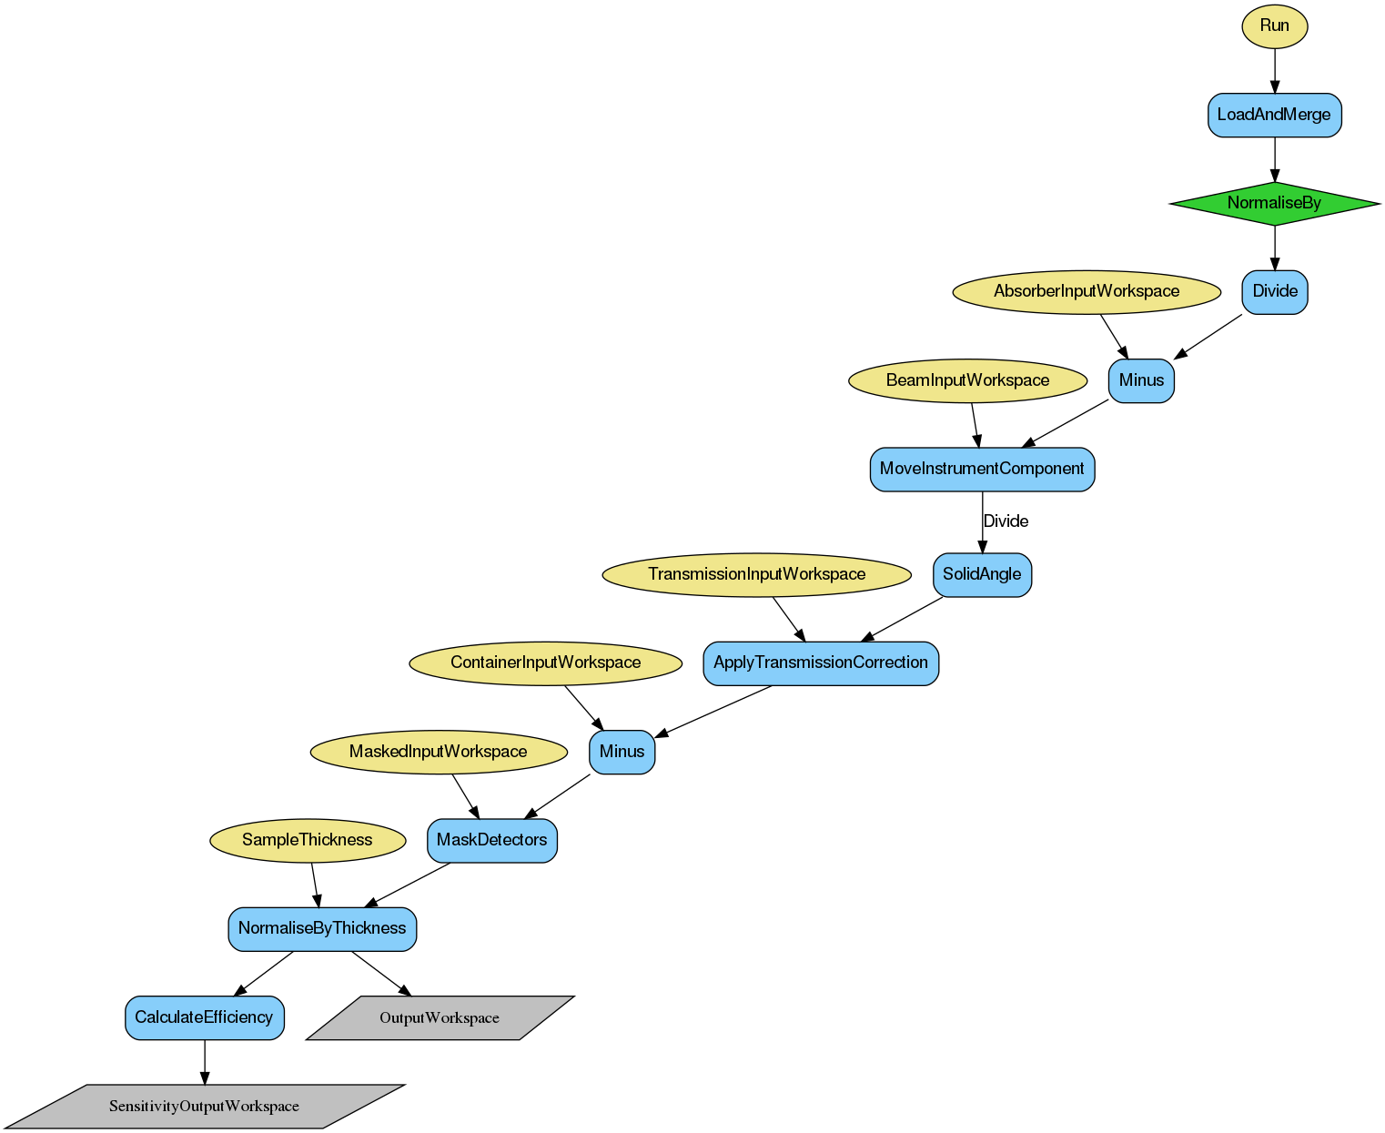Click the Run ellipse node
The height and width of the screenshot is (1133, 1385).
coord(1274,25)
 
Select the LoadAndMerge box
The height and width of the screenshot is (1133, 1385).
coord(1274,115)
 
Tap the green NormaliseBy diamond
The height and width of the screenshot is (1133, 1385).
coord(1274,203)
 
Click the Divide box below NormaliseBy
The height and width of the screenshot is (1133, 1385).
coord(1274,291)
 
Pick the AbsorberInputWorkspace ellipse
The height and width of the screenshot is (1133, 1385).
coord(1087,291)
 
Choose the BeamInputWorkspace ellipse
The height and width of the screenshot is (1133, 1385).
coord(967,380)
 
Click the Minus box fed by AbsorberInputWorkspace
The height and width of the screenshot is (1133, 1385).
coord(1141,380)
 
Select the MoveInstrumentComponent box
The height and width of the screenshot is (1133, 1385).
coord(982,469)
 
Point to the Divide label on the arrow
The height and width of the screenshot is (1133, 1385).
coord(1006,521)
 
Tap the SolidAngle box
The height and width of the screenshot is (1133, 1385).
coord(982,574)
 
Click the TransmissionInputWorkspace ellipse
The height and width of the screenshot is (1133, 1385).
coord(756,574)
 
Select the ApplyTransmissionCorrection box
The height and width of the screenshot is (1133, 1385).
coord(820,663)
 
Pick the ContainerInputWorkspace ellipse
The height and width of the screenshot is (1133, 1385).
coord(545,663)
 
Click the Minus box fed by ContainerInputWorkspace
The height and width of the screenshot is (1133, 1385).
coord(622,752)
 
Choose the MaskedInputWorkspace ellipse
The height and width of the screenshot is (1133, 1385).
coord(438,752)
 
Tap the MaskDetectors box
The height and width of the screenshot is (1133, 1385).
coord(491,840)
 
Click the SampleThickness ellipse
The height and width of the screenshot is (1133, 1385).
coord(307,840)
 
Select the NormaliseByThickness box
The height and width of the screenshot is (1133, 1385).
coord(322,928)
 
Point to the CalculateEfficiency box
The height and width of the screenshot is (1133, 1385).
coord(204,1017)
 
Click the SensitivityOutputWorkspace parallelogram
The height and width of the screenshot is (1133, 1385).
coord(204,1107)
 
